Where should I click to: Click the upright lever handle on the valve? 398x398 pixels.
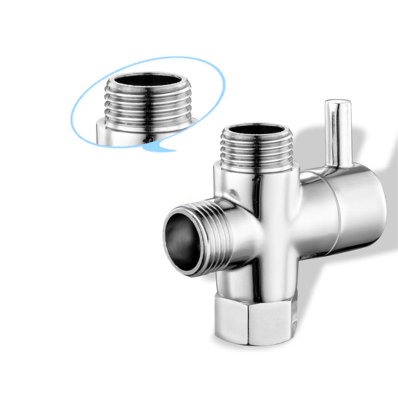pyautogui.click(x=338, y=132)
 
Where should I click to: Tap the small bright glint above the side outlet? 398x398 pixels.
pyautogui.click(x=233, y=192)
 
